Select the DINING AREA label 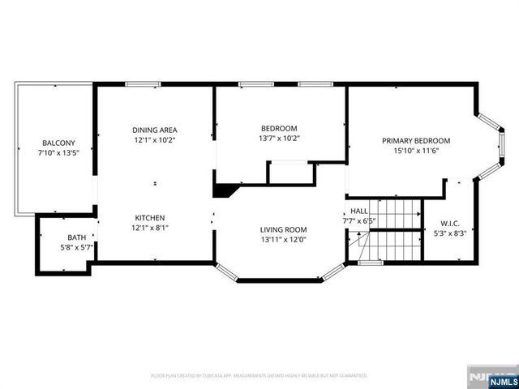click(x=155, y=130)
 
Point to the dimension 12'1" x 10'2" click(x=155, y=139)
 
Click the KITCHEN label click(x=150, y=218)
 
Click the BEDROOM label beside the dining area click(x=279, y=128)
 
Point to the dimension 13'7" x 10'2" click(x=279, y=138)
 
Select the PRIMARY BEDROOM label click(x=416, y=140)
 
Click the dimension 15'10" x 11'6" click(x=416, y=150)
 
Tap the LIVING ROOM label click(x=284, y=229)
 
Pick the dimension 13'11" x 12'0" click(x=284, y=239)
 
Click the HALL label click(x=358, y=211)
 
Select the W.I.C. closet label click(x=451, y=223)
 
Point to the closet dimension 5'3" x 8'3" click(x=451, y=233)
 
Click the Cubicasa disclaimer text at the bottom click(x=259, y=376)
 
